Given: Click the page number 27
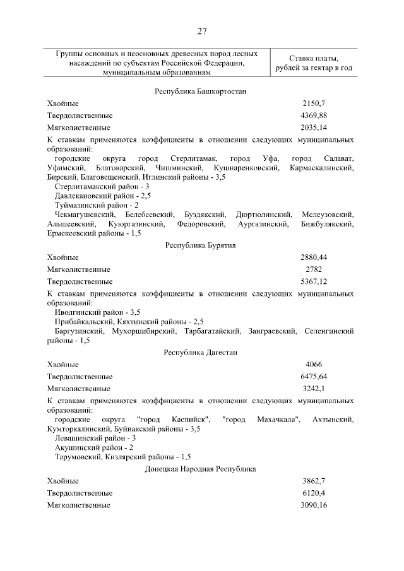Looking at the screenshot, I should tap(201, 32).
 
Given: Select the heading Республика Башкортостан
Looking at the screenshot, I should tap(200, 91).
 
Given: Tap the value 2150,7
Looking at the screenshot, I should tap(314, 103).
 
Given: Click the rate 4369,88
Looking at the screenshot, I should tap(314, 115).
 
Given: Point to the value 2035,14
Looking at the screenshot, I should tap(314, 127).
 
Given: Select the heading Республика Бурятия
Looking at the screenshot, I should tap(200, 245).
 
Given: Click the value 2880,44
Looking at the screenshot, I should tap(314, 257).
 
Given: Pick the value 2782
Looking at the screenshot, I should tap(314, 269).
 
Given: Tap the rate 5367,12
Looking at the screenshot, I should tap(314, 281).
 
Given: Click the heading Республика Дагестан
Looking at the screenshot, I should tap(200, 353).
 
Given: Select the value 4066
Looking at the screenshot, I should tap(314, 365).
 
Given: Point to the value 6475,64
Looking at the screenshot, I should tap(314, 377).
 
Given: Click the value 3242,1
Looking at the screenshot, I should tap(314, 389).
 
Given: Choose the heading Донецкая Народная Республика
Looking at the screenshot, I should tap(200, 469).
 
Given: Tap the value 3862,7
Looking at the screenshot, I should tap(314, 481).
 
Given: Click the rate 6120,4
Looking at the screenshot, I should tap(314, 493).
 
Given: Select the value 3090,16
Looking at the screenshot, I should tap(314, 505).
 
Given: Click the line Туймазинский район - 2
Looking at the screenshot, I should tap(97, 205).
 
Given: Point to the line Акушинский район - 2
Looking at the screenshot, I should tap(94, 447).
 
